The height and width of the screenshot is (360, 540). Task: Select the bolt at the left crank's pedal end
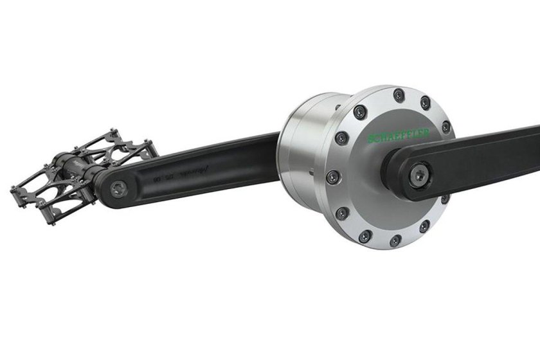point(116,188)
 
